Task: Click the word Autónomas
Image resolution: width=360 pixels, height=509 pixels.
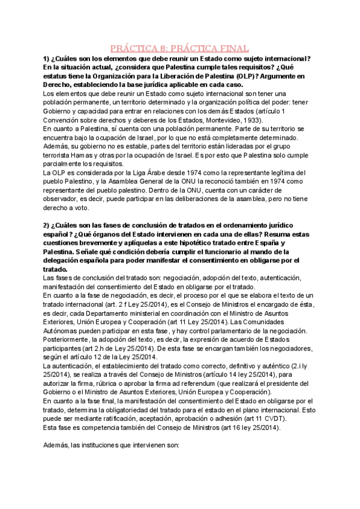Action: click(62, 332)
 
